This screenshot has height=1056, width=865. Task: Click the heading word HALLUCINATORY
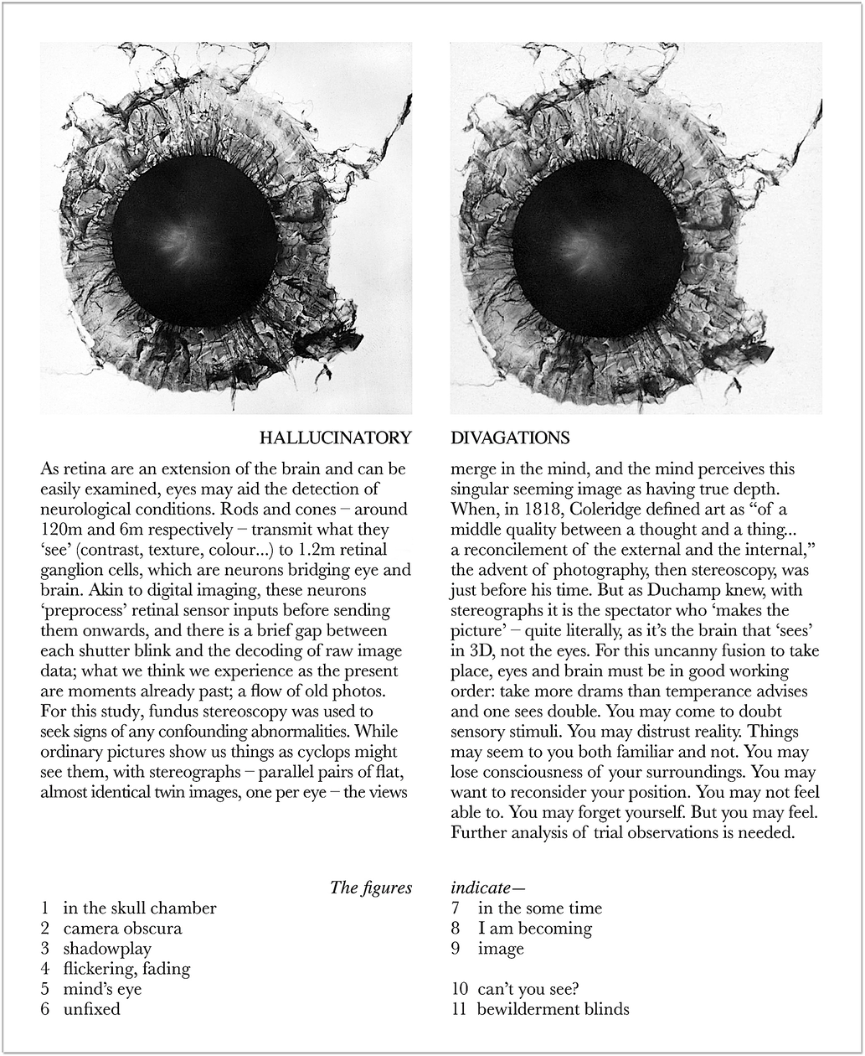click(335, 437)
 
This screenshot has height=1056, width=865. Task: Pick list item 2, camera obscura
click(122, 929)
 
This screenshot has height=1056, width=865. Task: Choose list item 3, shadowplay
click(107, 949)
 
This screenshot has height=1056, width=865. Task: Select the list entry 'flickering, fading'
click(126, 969)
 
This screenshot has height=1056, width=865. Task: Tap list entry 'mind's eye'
click(102, 989)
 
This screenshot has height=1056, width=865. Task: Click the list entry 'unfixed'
click(91, 1009)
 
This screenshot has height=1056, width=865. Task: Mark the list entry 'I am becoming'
click(534, 929)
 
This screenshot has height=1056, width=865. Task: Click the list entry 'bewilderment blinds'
click(553, 1009)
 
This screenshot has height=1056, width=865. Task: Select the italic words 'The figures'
click(371, 888)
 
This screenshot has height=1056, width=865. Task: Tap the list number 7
click(456, 908)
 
